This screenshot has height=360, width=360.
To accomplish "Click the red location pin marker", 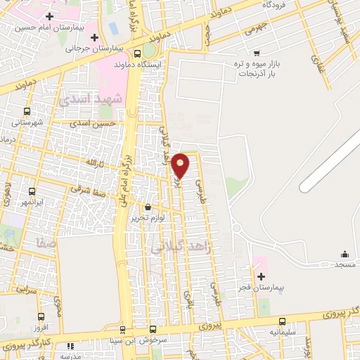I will coord(181,165).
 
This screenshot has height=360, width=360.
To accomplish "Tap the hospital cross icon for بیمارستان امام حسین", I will coord(49,16).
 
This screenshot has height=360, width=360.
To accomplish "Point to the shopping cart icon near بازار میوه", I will coord(257,52).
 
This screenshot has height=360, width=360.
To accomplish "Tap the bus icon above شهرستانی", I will coord(27,111).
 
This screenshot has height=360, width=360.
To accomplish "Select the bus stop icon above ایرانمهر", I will coord(30,191).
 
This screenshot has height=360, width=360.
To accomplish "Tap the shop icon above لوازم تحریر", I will coord(148,207).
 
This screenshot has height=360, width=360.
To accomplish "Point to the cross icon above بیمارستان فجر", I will coord(262,277).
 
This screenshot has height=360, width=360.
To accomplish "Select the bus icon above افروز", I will coord(40,316).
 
